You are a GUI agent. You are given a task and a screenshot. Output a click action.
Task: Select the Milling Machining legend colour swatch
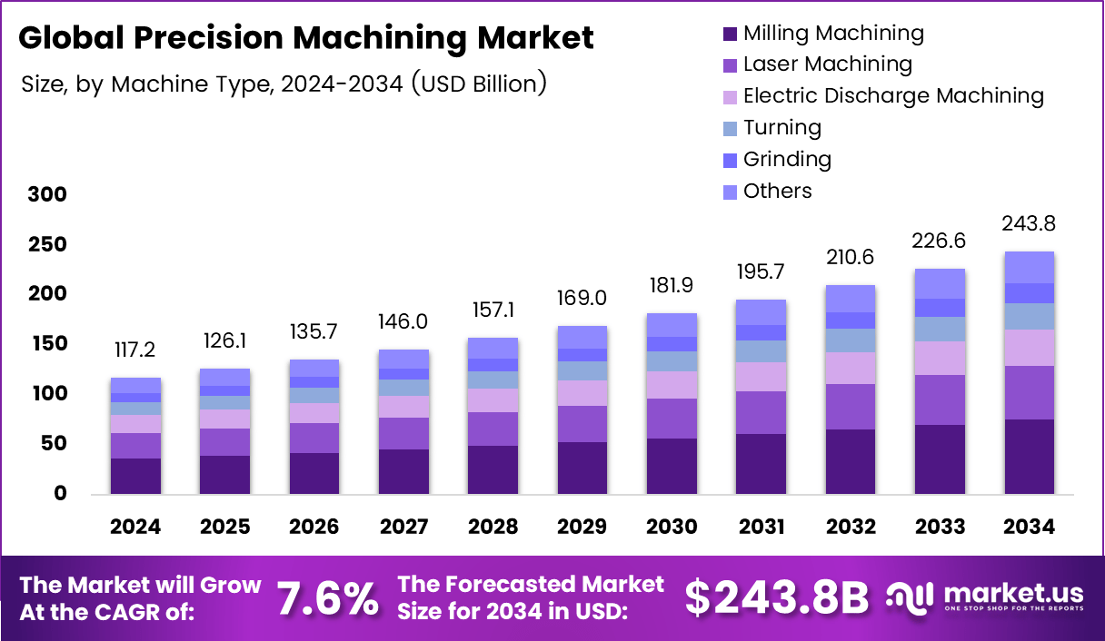click(x=729, y=35)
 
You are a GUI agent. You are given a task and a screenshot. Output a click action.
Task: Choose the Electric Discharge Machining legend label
click(x=892, y=96)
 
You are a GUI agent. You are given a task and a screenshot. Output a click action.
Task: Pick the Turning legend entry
click(x=781, y=128)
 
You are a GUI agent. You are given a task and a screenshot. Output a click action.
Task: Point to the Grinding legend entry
click(x=787, y=160)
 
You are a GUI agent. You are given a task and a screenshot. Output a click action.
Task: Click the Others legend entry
click(x=777, y=192)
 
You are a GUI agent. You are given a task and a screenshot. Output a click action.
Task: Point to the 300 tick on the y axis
click(x=47, y=195)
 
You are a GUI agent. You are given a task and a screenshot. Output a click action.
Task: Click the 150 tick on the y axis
click(x=47, y=344)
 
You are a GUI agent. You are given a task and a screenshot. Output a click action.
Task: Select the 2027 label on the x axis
click(x=403, y=528)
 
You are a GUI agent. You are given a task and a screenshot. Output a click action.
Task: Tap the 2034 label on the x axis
click(x=1029, y=528)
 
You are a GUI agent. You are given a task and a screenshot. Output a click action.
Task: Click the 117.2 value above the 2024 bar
click(x=135, y=350)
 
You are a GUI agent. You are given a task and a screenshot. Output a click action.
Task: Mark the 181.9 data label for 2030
click(x=672, y=286)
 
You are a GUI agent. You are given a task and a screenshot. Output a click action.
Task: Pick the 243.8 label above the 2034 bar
click(x=1029, y=224)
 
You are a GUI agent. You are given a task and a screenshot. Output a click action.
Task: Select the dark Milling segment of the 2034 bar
click(x=1029, y=457)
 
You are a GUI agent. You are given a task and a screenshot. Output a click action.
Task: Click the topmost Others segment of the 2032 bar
click(x=850, y=299)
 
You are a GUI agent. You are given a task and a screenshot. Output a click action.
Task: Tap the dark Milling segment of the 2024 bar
click(x=135, y=476)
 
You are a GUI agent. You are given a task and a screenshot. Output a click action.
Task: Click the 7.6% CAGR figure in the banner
click(x=327, y=598)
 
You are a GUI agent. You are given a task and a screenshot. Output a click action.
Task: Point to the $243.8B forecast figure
click(x=776, y=598)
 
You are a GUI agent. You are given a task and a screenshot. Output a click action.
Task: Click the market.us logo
click(x=985, y=597)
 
